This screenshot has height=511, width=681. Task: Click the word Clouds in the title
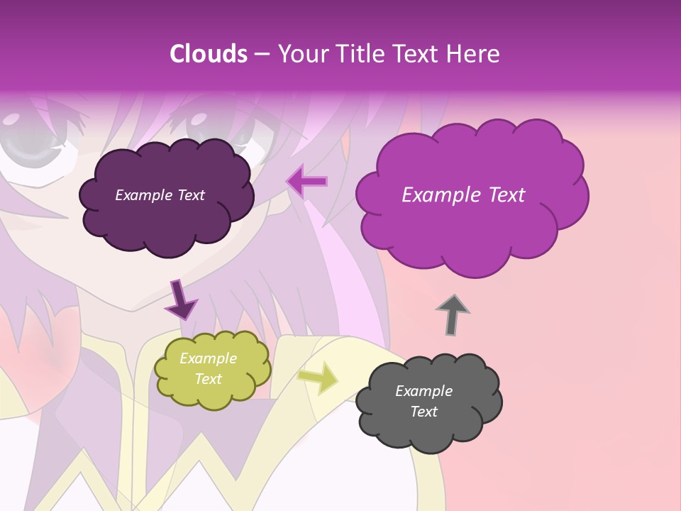point(209,54)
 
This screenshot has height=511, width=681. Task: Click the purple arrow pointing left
point(306,181)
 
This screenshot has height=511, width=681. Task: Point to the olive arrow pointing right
point(319,378)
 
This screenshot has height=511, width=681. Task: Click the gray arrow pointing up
point(452,314)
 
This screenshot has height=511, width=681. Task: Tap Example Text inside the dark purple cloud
point(160,195)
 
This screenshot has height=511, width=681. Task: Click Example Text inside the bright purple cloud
point(463,195)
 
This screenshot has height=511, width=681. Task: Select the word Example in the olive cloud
point(208,358)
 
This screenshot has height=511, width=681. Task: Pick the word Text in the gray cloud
point(423,412)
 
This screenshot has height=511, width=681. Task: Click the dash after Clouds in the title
point(261,54)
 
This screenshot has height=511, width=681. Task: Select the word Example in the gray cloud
point(423,391)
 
